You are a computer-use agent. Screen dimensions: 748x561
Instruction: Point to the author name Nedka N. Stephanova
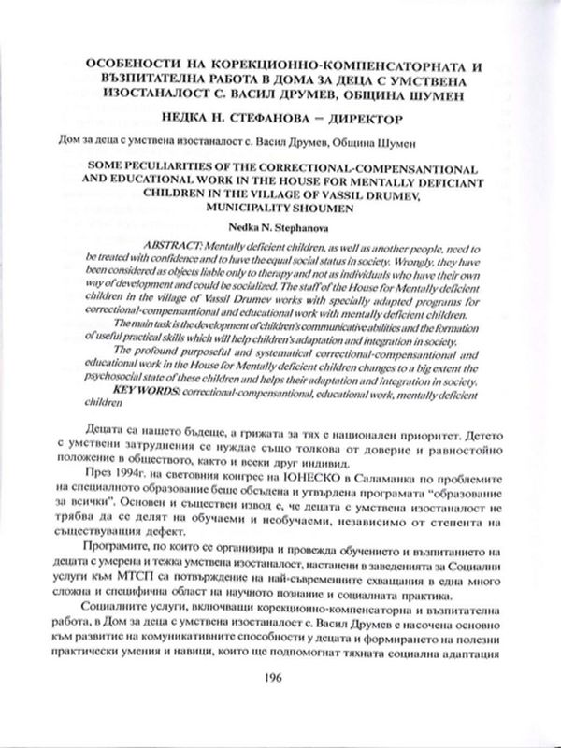[280, 226]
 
